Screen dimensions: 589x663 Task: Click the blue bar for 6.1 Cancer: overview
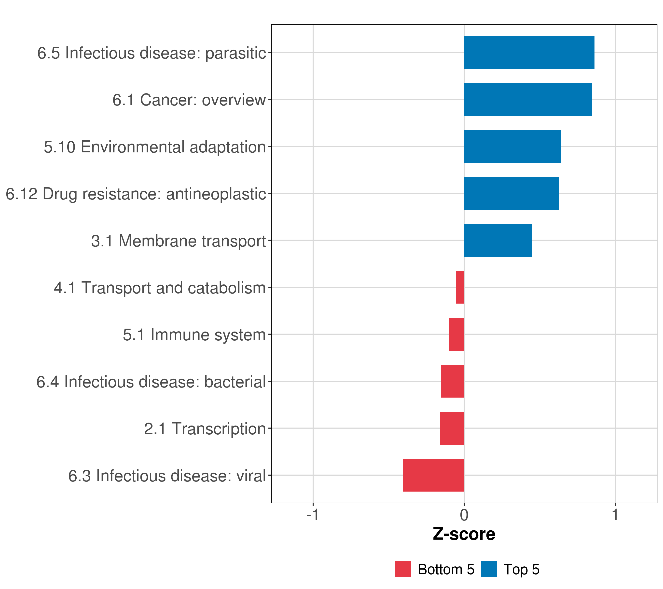[528, 100]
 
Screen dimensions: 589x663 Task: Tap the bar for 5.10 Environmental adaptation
[512, 146]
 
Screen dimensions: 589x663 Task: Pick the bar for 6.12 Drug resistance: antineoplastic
[511, 194]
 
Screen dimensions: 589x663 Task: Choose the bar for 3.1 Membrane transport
[498, 240]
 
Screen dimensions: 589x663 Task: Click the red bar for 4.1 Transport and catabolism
[460, 287]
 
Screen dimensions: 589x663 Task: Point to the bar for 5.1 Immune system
[457, 334]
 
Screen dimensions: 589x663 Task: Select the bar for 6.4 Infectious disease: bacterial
[453, 381]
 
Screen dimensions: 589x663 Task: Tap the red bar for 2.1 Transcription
[452, 428]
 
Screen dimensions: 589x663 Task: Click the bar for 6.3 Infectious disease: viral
[434, 475]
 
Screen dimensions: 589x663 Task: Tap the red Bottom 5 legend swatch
[403, 569]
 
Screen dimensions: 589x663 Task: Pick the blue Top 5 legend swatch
[489, 569]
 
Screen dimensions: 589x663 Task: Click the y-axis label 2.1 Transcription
[205, 428]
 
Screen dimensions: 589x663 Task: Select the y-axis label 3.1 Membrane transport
[179, 241]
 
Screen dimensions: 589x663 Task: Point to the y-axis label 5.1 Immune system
[194, 335]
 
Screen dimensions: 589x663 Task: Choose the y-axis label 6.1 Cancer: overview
[189, 100]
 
